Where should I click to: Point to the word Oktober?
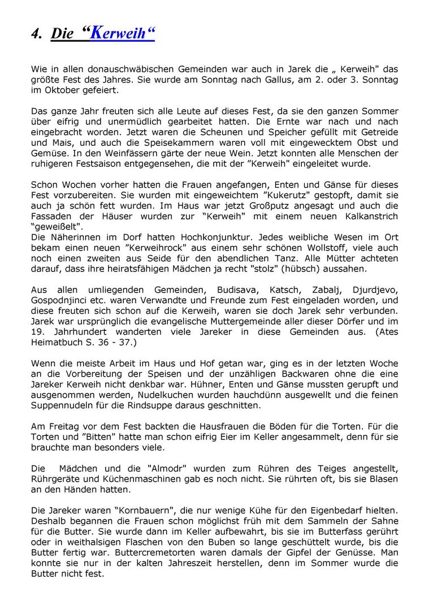point(62,90)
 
